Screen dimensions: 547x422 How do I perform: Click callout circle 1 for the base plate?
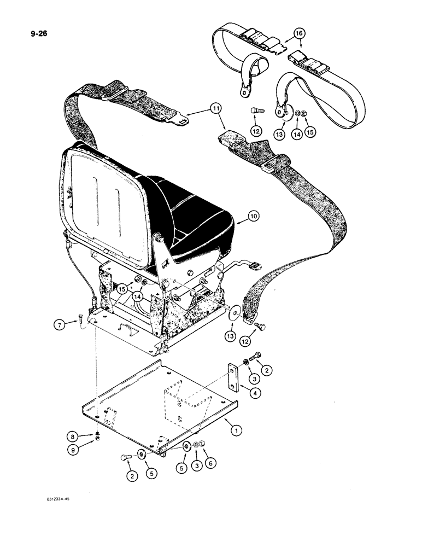(236, 432)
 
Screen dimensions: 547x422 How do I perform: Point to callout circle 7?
(62, 325)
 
